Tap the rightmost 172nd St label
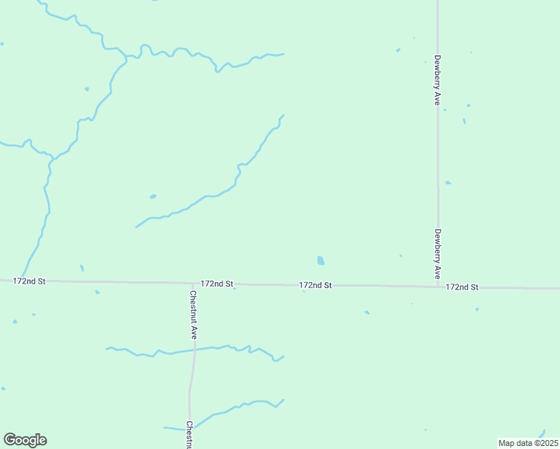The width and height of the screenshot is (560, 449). (x=461, y=287)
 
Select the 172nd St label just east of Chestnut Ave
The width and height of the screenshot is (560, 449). (x=217, y=284)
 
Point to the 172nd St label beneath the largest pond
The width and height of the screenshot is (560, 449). (x=314, y=285)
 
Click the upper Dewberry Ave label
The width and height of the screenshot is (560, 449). (x=436, y=79)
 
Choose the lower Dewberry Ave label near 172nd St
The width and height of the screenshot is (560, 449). (x=437, y=254)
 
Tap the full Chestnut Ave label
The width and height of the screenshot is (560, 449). (x=192, y=315)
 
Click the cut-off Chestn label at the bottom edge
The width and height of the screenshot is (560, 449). (x=189, y=435)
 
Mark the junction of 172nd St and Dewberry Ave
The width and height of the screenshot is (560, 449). (x=438, y=287)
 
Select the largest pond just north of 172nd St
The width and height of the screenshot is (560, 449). (x=320, y=260)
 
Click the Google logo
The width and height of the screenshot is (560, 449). (x=25, y=440)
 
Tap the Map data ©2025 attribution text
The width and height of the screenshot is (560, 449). (x=528, y=443)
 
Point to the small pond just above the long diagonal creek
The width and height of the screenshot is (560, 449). (x=153, y=196)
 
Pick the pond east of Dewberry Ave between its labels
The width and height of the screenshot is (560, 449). (x=448, y=182)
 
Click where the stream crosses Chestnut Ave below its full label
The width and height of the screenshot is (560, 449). (x=194, y=350)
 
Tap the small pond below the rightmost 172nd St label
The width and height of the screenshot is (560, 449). (x=477, y=308)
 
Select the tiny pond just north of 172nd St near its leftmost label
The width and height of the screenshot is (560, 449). (x=82, y=267)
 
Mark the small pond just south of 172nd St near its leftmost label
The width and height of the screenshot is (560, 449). (x=97, y=292)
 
